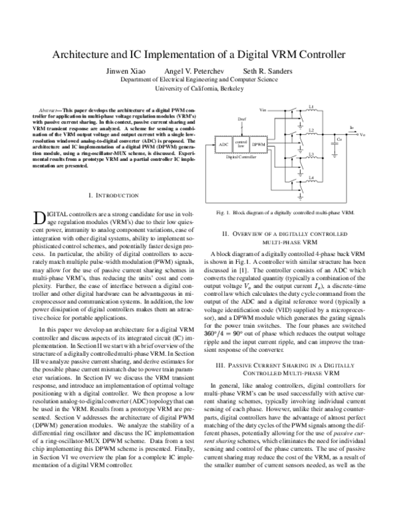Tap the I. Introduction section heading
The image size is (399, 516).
(x=113, y=195)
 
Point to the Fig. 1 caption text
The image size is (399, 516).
(x=285, y=213)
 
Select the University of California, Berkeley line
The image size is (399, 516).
(x=199, y=88)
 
